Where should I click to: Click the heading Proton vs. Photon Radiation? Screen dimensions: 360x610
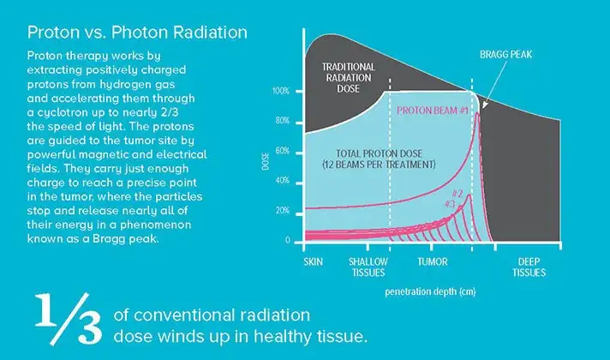click(x=138, y=33)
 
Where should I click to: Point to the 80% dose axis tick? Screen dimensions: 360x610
click(x=282, y=121)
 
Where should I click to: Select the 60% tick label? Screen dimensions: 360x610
click(x=282, y=151)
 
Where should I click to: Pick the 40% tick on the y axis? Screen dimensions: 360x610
click(x=282, y=181)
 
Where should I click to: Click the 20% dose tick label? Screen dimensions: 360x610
click(x=282, y=211)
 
